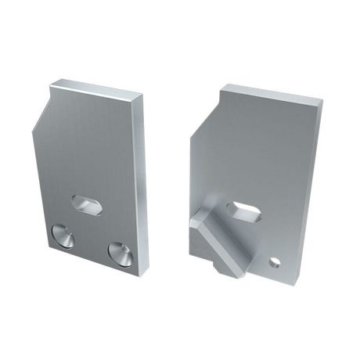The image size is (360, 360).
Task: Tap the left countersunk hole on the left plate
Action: coord(62,235)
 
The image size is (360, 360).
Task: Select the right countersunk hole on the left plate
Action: coord(120,252)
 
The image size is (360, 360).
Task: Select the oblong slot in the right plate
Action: coord(244,210)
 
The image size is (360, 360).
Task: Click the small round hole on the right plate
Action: coord(275,261)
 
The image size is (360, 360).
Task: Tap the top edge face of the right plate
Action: coord(270,92)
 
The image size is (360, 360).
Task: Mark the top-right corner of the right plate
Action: coord(322,102)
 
